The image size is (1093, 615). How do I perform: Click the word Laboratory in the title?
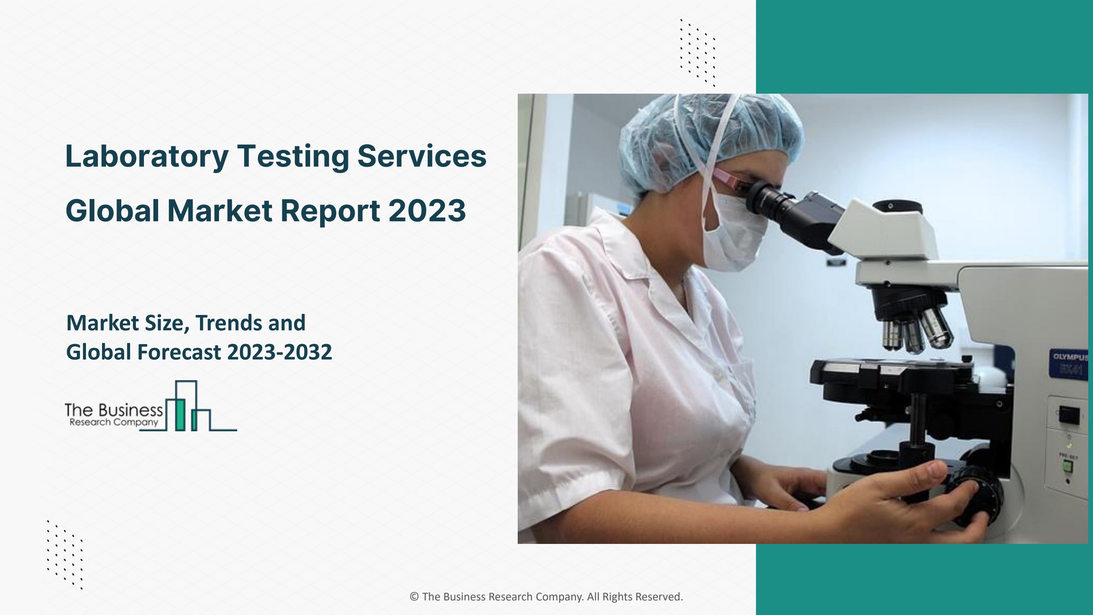tap(146, 156)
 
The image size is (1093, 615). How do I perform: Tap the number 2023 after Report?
tap(427, 211)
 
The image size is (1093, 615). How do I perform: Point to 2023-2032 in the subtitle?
tap(279, 352)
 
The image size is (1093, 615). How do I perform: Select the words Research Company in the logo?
tap(114, 422)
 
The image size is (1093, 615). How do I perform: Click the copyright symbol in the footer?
tap(414, 597)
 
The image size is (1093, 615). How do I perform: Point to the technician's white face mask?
tap(734, 238)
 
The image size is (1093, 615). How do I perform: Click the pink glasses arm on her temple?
tap(725, 178)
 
